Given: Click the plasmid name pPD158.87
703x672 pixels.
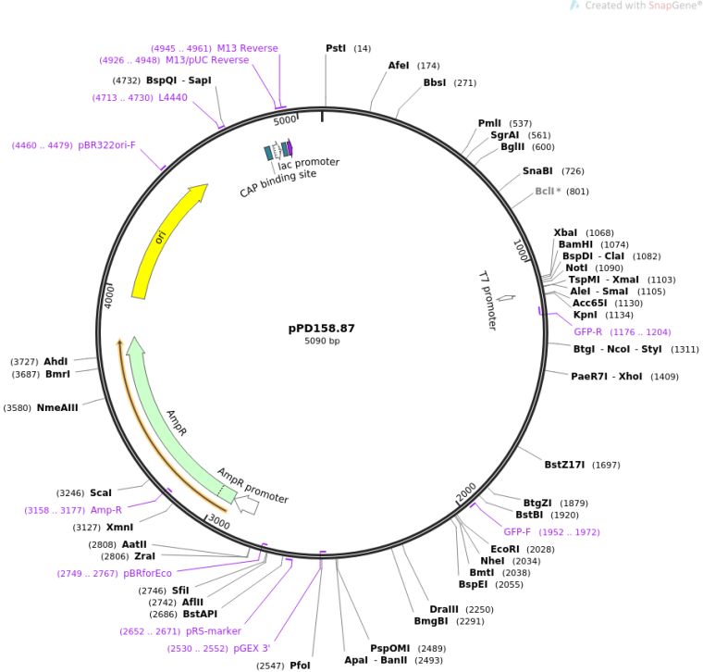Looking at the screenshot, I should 321,328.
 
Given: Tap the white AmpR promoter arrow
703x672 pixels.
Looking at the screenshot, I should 248,505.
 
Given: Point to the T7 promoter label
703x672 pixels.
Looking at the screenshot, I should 487,300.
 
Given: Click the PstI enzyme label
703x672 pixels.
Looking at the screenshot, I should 337,47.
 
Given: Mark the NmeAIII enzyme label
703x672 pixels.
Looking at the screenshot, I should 57,407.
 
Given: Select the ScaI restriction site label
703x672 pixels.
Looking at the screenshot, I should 100,493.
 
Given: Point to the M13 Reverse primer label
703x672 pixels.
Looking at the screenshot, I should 247,48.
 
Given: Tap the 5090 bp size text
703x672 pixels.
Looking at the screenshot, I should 322,342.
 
